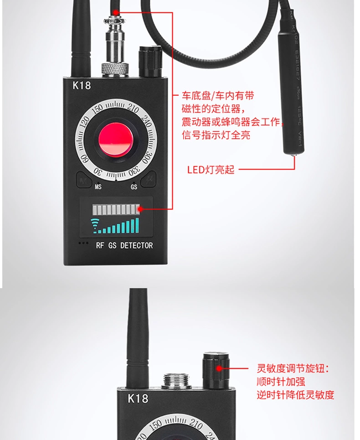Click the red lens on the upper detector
click(x=115, y=139)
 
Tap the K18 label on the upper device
click(x=82, y=85)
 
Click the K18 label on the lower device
click(x=138, y=398)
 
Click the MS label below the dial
click(x=98, y=186)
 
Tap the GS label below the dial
click(x=134, y=186)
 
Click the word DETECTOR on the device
click(x=137, y=245)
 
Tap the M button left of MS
click(x=84, y=181)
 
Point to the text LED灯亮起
click(x=211, y=170)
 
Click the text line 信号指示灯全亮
click(x=216, y=135)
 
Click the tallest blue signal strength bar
click(x=136, y=225)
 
